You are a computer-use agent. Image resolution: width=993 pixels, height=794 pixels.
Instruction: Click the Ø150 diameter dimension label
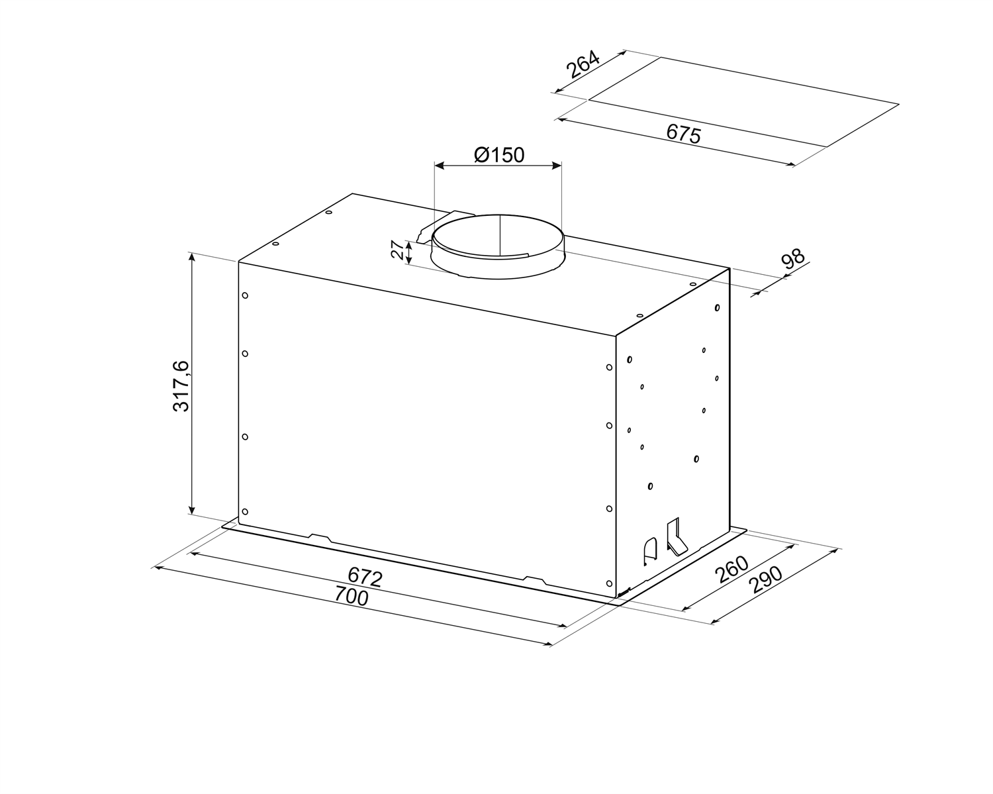499,155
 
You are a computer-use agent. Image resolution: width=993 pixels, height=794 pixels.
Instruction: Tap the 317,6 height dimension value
181,386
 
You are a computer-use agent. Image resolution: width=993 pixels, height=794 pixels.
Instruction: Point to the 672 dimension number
365,577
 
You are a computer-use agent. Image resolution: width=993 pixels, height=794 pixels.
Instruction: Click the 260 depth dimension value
731,570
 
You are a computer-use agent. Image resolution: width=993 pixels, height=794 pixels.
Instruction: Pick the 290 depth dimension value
767,580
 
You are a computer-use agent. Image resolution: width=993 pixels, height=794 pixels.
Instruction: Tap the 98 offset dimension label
792,260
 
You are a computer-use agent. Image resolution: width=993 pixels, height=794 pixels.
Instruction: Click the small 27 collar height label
397,250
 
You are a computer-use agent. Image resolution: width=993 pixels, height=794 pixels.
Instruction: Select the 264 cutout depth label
583,64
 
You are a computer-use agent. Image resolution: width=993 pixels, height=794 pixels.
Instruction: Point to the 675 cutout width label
684,134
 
